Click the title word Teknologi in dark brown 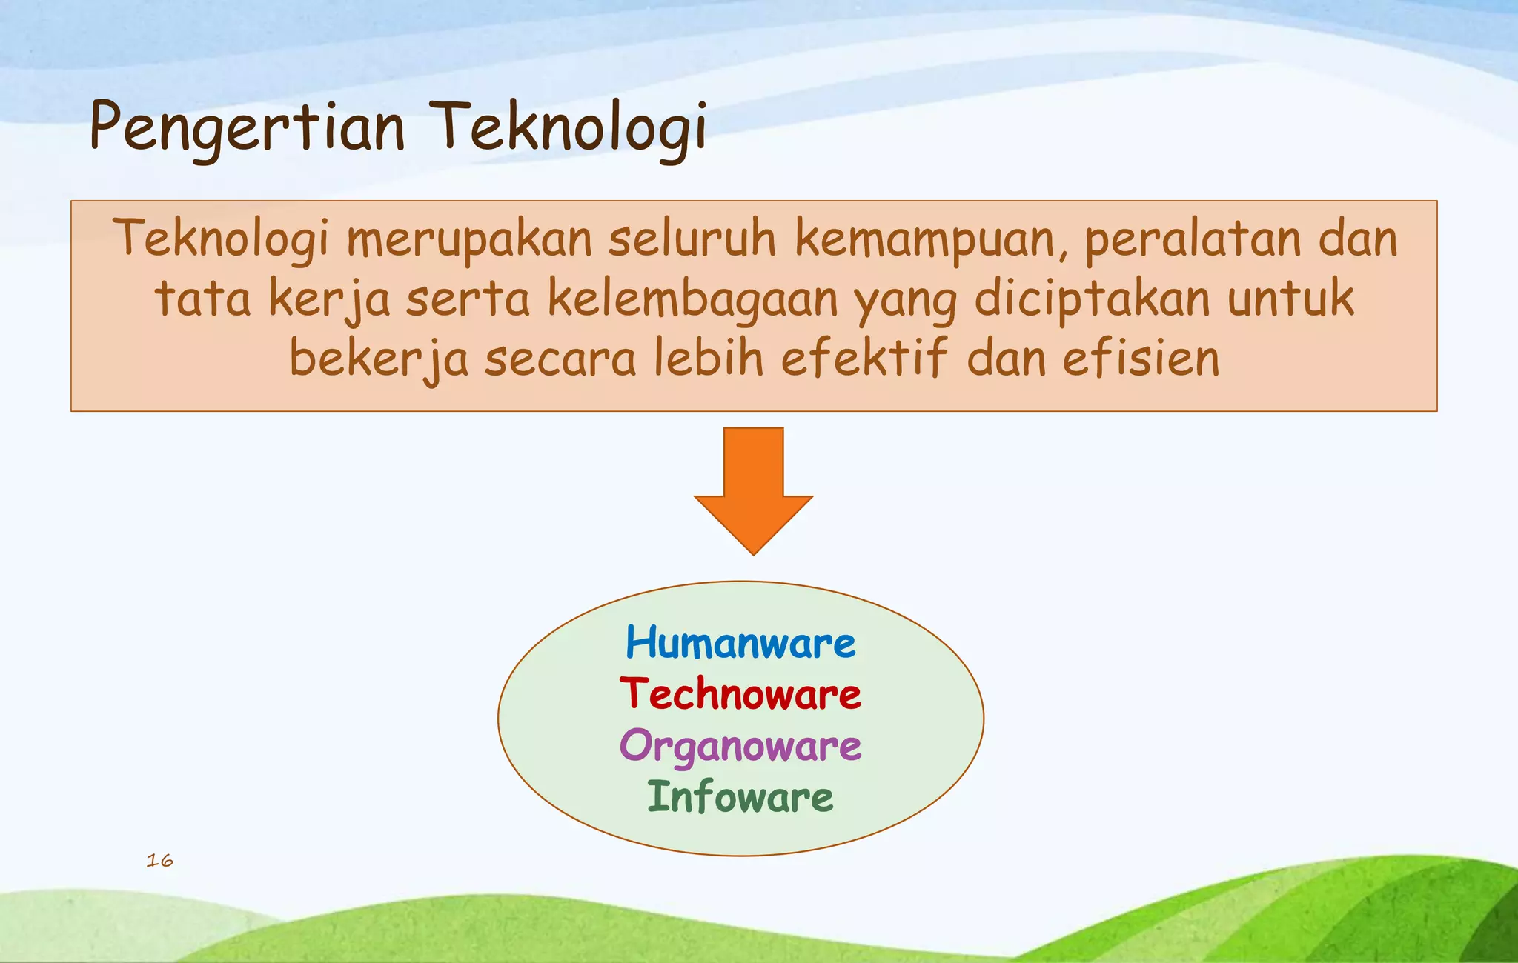(568, 127)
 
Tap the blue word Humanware (740, 642)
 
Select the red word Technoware (740, 694)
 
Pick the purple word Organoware (740, 746)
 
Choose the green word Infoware (740, 798)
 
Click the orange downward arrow (753, 489)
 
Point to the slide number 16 (159, 860)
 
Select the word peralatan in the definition (1193, 240)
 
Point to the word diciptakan (1093, 299)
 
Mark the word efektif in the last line (864, 359)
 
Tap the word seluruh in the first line (692, 240)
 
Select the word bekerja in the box (378, 359)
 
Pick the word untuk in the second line (1290, 299)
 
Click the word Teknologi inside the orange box (220, 240)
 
